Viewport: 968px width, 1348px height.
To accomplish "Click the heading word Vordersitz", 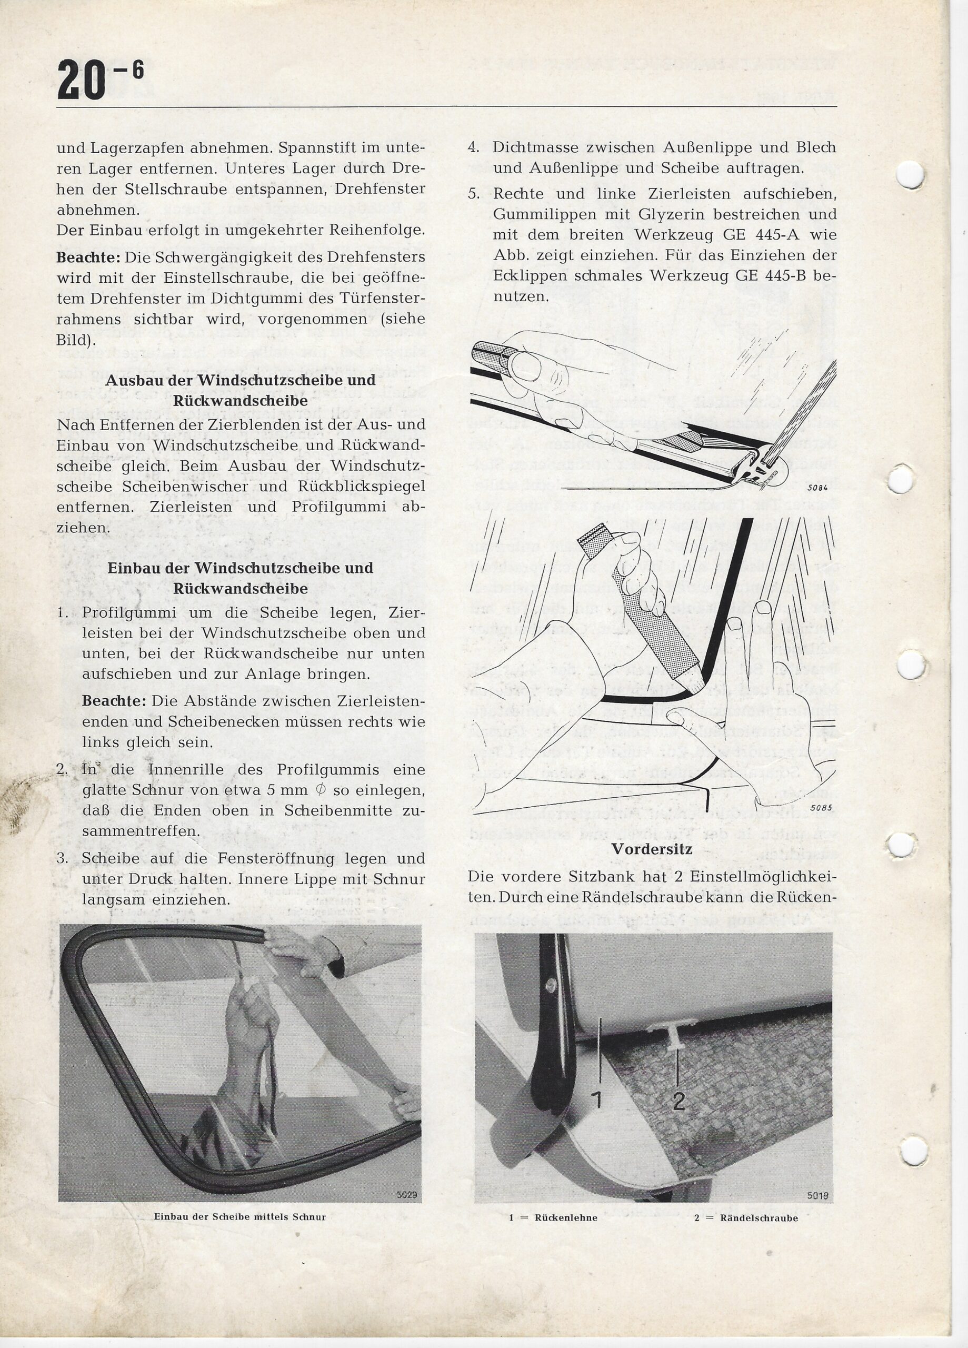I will click(652, 849).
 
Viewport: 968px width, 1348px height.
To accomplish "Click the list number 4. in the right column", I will click(474, 147).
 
